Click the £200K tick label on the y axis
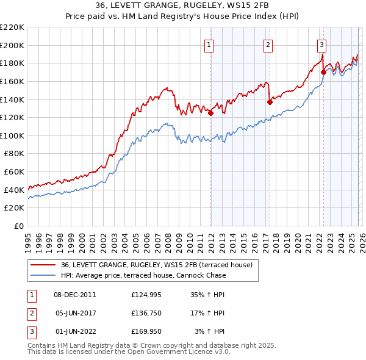coord(12,45)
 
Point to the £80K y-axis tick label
coord(14,154)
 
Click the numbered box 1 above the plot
coord(209,44)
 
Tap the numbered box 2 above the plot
coord(268,44)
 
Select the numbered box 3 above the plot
coord(321,44)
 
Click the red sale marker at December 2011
coord(211,113)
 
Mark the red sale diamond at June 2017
coord(270,103)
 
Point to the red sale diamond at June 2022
coord(323,72)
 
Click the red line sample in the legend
coord(43,265)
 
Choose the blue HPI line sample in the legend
coord(43,275)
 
